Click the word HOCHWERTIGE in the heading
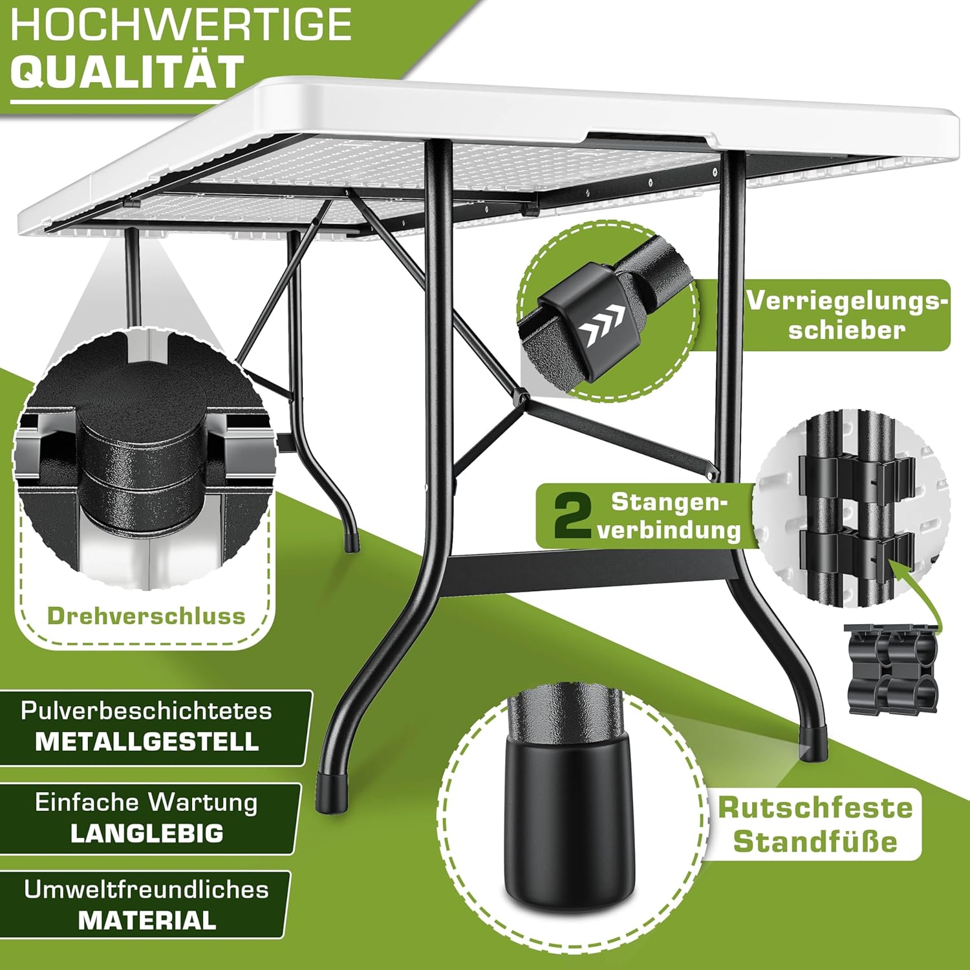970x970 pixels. [181, 26]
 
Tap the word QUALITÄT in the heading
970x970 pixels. [127, 71]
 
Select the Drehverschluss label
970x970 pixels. [146, 616]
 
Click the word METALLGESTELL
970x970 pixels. [147, 741]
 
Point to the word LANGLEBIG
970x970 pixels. [147, 833]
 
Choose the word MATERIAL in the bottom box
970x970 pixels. [147, 920]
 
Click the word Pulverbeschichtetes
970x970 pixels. [146, 711]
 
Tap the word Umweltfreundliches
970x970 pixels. [146, 890]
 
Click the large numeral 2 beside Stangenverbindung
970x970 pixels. [572, 515]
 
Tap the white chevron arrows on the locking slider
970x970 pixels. [601, 325]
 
